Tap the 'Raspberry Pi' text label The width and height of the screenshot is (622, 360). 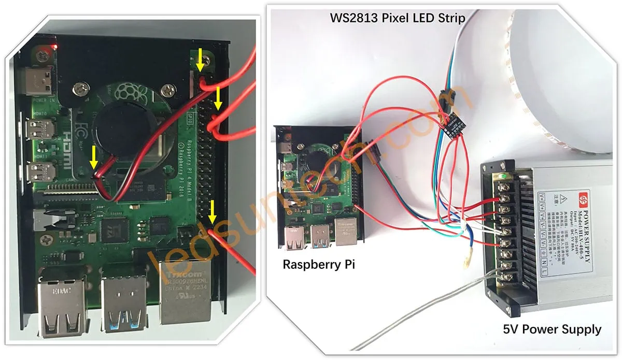click(319, 264)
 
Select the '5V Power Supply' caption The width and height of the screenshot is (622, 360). click(552, 329)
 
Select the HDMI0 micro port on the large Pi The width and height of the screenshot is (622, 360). click(40, 129)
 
